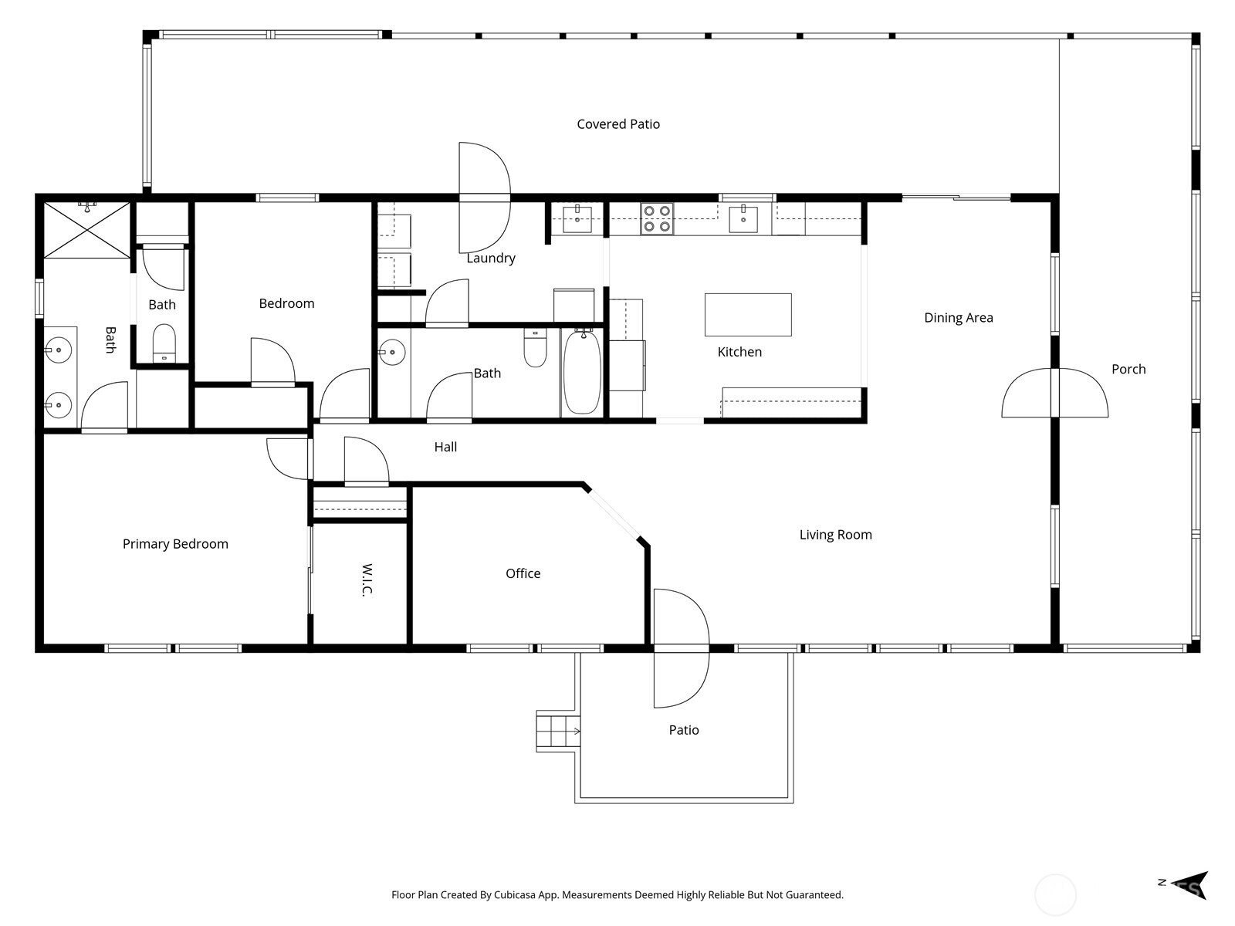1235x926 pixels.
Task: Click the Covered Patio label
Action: coord(618,124)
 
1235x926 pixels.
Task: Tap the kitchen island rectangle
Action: coord(748,314)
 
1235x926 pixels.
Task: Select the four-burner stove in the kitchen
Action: coord(657,218)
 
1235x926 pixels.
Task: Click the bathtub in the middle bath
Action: coord(582,372)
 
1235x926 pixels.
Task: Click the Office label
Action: coord(523,573)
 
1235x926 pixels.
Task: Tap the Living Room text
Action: coord(835,535)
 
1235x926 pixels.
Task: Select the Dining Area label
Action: coord(958,318)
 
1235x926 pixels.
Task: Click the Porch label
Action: coord(1128,370)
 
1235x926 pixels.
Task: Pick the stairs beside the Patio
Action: coord(557,731)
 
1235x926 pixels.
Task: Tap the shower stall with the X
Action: coord(86,230)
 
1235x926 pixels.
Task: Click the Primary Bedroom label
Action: coord(175,544)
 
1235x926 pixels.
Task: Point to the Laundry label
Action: coord(490,259)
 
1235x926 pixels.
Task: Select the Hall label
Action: coord(445,447)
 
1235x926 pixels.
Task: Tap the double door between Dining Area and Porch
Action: coord(1054,394)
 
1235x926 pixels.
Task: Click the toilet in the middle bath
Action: coord(535,349)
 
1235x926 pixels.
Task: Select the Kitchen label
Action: coord(739,352)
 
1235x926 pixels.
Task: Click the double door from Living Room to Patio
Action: coord(680,648)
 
